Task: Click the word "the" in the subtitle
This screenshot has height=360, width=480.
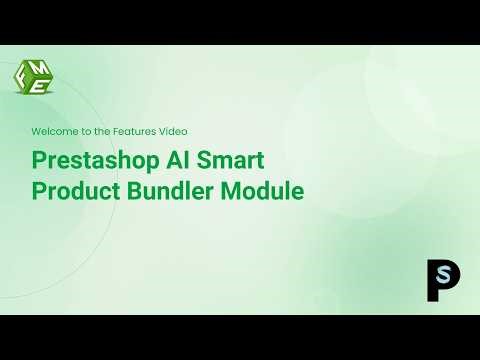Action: pyautogui.click(x=97, y=131)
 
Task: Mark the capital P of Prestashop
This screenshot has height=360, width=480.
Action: pyautogui.click(x=39, y=160)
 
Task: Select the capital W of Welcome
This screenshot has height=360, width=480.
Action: pyautogui.click(x=36, y=131)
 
